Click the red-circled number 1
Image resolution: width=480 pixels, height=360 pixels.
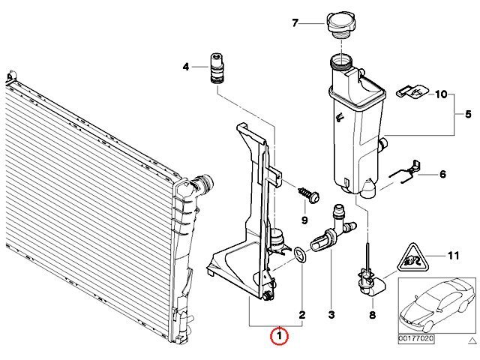279,335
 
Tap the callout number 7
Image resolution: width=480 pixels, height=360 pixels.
295,23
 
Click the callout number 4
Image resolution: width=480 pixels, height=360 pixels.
186,67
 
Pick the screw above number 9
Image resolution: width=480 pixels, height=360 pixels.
309,195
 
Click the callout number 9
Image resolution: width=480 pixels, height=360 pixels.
304,220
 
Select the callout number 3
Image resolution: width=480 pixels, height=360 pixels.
331,315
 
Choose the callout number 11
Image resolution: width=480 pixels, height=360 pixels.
453,255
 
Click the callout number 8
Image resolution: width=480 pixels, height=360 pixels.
372,315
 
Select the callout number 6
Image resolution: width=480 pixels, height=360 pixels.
442,174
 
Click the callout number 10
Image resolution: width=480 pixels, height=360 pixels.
441,94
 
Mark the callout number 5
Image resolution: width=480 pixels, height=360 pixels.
468,114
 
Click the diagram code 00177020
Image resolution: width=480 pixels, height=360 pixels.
416,338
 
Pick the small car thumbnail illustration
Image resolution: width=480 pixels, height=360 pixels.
437,305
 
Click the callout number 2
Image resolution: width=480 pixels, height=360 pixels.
301,315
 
